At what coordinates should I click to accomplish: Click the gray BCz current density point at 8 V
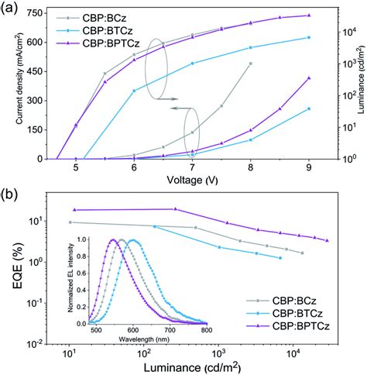250,64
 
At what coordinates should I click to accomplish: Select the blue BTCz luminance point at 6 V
134,91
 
